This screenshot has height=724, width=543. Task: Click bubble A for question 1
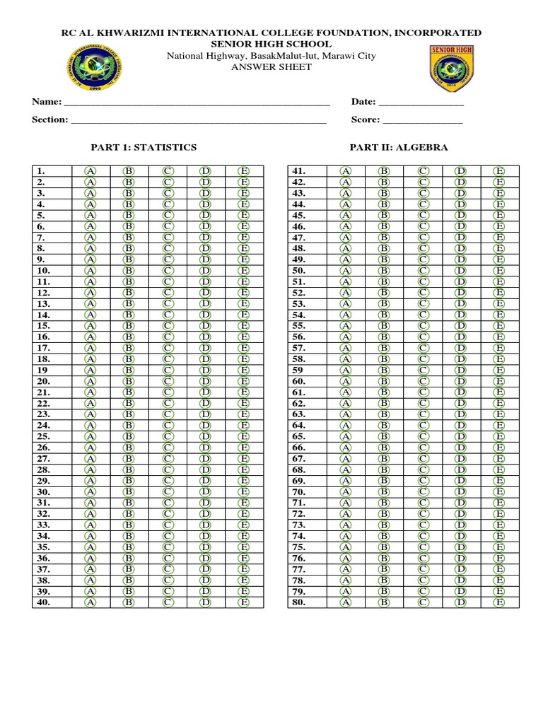tap(90, 170)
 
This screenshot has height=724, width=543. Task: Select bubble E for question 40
tap(244, 602)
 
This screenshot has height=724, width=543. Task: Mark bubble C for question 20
tap(168, 380)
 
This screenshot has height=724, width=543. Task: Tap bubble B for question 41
tap(384, 170)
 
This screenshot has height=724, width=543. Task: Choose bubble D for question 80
tap(460, 602)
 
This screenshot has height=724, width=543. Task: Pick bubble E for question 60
tap(499, 380)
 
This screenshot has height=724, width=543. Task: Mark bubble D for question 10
tap(206, 270)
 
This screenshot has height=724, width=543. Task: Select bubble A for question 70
tap(346, 491)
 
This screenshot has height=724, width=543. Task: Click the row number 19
tap(42, 370)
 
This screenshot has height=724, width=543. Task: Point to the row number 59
tap(298, 370)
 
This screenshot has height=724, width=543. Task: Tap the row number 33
tap(43, 525)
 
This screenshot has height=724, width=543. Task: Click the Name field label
tap(47, 102)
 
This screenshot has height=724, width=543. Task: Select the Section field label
tap(49, 119)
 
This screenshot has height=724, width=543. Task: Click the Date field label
tap(363, 102)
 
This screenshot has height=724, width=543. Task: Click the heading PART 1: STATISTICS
tap(144, 147)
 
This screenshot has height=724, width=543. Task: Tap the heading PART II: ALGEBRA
tap(399, 147)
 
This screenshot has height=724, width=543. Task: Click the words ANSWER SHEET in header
tap(271, 67)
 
